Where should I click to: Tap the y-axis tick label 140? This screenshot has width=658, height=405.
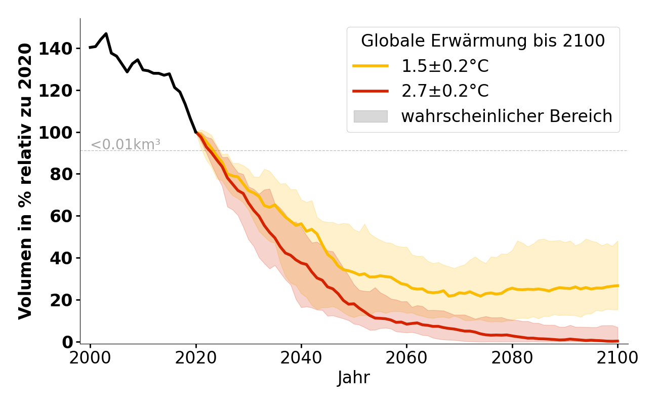pyautogui.click(x=62, y=49)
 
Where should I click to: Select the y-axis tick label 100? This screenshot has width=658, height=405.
pyautogui.click(x=62, y=133)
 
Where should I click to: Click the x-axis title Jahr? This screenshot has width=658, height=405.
pyautogui.click(x=353, y=378)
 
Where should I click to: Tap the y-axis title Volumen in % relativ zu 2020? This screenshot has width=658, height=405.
pyautogui.click(x=26, y=181)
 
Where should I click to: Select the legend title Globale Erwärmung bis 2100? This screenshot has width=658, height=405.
pyautogui.click(x=483, y=41)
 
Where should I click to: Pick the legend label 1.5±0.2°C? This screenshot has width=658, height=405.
pyautogui.click(x=445, y=66)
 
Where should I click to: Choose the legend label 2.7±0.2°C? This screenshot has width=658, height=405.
pyautogui.click(x=445, y=91)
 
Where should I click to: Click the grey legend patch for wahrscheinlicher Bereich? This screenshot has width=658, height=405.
pyautogui.click(x=371, y=116)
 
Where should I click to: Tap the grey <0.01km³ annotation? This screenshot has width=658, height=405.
pyautogui.click(x=126, y=145)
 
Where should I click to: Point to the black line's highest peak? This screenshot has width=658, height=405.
pyautogui.click(x=106, y=34)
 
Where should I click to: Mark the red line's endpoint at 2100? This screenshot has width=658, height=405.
pyautogui.click(x=618, y=341)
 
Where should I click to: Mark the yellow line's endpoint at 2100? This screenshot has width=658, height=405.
pyautogui.click(x=618, y=286)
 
